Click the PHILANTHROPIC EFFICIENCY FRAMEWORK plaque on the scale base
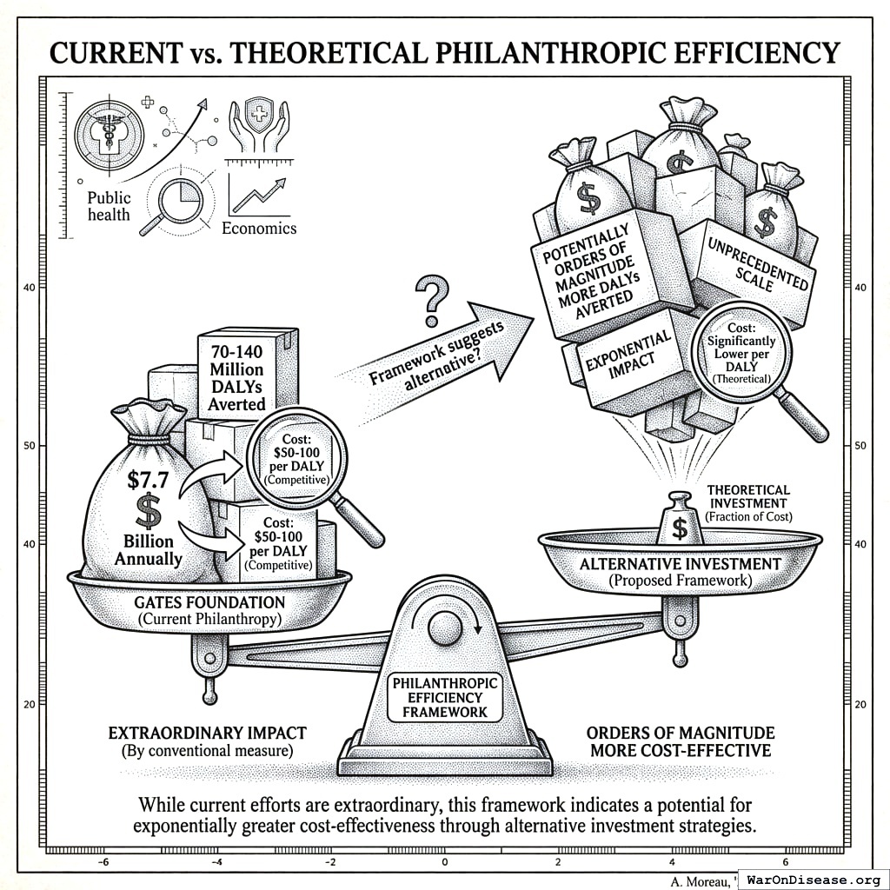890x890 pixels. click(445, 697)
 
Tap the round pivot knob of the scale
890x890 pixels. click(445, 626)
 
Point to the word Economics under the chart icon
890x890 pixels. click(259, 229)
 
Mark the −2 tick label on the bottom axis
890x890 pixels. click(329, 861)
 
